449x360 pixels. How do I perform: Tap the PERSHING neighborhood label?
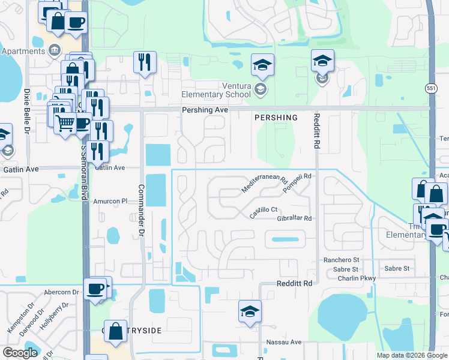coord(276,118)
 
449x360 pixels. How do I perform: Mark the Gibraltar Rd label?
coord(295,218)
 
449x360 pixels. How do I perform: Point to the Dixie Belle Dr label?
coord(27,111)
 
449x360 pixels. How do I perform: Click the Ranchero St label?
coord(341,260)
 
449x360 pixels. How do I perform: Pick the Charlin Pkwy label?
coord(357,278)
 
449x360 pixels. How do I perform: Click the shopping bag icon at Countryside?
coord(115,330)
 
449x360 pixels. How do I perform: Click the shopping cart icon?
coord(65,124)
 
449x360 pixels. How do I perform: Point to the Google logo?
coord(20,353)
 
